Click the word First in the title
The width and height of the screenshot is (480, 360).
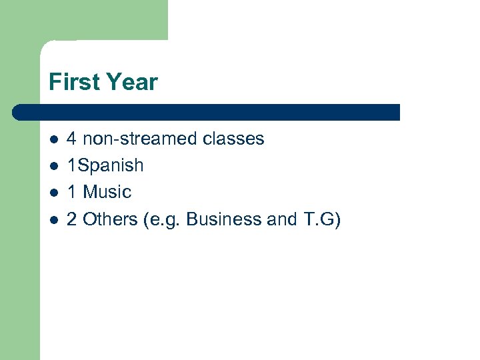click(x=71, y=83)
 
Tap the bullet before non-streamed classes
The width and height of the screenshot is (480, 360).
click(x=53, y=139)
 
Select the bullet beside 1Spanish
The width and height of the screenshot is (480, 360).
click(x=53, y=166)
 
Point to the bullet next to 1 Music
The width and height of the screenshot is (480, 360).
click(x=53, y=193)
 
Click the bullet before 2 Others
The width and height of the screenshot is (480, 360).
click(x=53, y=219)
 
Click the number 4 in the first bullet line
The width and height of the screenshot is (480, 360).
click(x=72, y=139)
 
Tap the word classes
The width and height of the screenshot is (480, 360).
click(x=233, y=139)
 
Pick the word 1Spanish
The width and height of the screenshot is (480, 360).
click(x=105, y=166)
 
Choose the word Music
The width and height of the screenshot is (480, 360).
click(x=107, y=192)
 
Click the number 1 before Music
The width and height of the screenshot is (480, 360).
click(x=72, y=192)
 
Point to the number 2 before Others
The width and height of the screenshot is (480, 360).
click(x=72, y=219)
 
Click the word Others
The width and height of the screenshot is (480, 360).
click(x=110, y=219)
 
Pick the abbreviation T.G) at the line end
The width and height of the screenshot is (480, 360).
click(x=321, y=219)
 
